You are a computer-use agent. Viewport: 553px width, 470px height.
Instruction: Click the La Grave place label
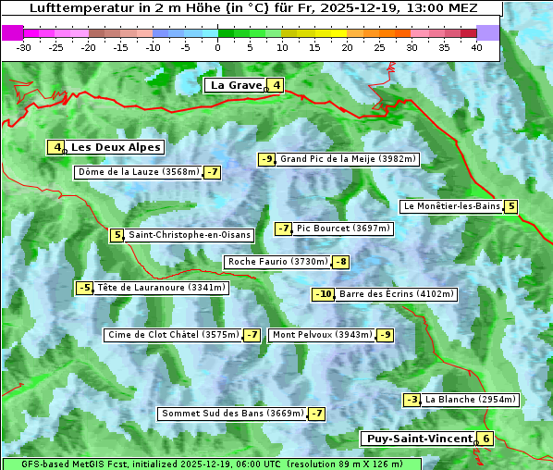[x=237, y=85]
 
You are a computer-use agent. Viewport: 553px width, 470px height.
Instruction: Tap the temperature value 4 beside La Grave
[x=276, y=86]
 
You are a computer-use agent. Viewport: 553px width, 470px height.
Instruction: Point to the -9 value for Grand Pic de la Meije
[x=266, y=159]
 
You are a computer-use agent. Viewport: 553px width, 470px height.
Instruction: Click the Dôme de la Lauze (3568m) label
[x=139, y=172]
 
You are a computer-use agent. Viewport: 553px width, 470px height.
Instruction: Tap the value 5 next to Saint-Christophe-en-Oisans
[x=117, y=235]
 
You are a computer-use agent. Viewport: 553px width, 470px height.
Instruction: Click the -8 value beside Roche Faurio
[x=341, y=262]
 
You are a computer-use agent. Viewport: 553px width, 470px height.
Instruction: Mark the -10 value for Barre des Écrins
[x=323, y=294]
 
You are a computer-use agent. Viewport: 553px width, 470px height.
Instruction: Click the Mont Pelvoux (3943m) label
[x=322, y=335]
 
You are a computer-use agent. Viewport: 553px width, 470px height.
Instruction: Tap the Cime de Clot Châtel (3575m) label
[x=173, y=335]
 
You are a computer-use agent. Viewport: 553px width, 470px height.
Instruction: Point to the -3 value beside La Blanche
[x=412, y=400]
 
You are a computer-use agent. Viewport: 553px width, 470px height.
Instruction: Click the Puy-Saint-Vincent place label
[x=419, y=439]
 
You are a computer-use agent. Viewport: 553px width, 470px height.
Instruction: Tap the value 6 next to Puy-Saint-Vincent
[x=486, y=439]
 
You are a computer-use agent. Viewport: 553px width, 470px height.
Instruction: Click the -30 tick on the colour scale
[x=24, y=47]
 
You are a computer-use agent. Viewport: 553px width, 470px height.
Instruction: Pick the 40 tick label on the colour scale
[x=476, y=47]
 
